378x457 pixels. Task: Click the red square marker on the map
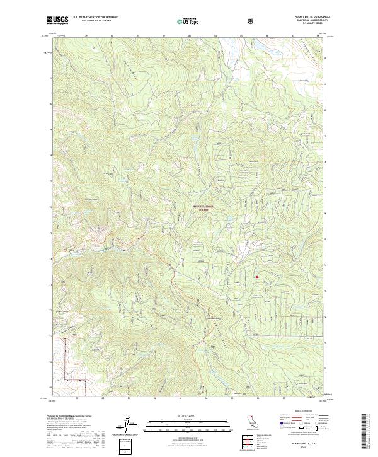tap(257, 275)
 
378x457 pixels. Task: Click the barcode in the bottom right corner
tap(367, 430)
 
